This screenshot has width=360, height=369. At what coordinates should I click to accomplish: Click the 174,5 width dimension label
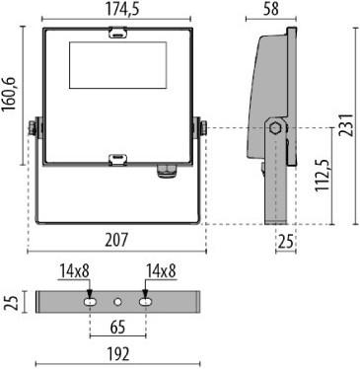tap(117, 9)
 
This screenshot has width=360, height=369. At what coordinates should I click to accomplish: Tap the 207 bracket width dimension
tap(117, 240)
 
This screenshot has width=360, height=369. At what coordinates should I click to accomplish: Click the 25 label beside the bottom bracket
tap(11, 300)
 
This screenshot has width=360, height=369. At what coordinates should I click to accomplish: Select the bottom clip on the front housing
tap(117, 156)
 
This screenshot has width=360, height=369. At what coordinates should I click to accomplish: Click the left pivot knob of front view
tap(36, 127)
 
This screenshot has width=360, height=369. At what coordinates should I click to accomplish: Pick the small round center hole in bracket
tap(117, 299)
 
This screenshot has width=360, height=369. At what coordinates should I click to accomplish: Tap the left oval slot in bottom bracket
tap(90, 299)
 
